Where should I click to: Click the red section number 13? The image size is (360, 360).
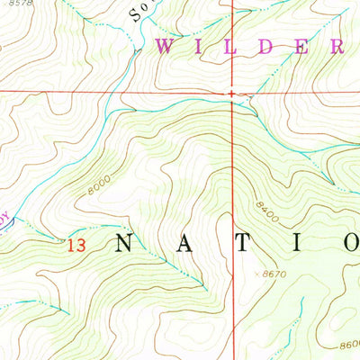pyautogui.click(x=76, y=243)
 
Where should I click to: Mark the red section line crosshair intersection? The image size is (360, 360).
pyautogui.click(x=232, y=93)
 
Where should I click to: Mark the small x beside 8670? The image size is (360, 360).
pyautogui.click(x=258, y=273)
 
